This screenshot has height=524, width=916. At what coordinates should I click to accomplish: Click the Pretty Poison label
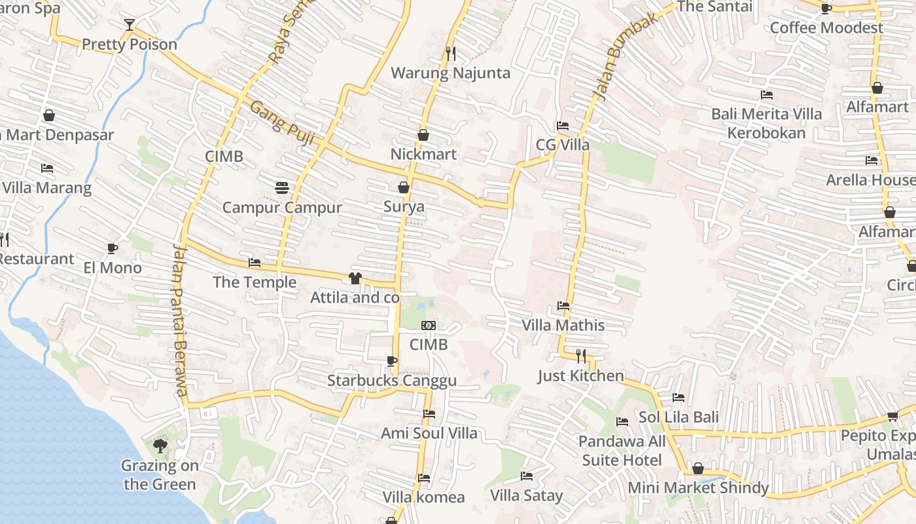click(x=130, y=45)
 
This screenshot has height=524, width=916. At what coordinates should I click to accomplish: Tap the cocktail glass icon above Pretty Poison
click(x=130, y=25)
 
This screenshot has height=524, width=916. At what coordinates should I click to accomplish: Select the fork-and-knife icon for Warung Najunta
click(x=450, y=53)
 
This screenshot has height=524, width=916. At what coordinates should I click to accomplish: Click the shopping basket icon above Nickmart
click(x=423, y=135)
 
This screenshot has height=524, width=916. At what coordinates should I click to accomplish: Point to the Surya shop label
click(x=404, y=207)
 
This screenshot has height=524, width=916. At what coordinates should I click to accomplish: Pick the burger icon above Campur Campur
click(x=282, y=188)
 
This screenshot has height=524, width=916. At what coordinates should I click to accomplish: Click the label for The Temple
click(x=255, y=282)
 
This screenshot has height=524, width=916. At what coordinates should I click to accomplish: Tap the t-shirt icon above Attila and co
click(x=355, y=278)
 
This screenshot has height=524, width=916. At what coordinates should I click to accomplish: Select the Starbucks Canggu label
click(x=392, y=381)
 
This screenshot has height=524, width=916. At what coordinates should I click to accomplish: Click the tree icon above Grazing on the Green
click(x=160, y=447)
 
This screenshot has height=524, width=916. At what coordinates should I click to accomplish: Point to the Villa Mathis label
click(x=563, y=325)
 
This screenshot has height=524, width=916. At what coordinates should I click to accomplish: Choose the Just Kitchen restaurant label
click(x=581, y=375)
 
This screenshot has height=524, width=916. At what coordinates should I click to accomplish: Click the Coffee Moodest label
click(x=826, y=28)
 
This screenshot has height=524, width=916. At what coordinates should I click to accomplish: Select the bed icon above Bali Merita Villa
click(x=767, y=95)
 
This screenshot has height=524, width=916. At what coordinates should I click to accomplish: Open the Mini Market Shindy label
click(x=698, y=488)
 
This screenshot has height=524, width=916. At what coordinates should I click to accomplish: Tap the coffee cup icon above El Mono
click(x=113, y=248)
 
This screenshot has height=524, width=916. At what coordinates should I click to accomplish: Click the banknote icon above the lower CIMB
click(x=429, y=326)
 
